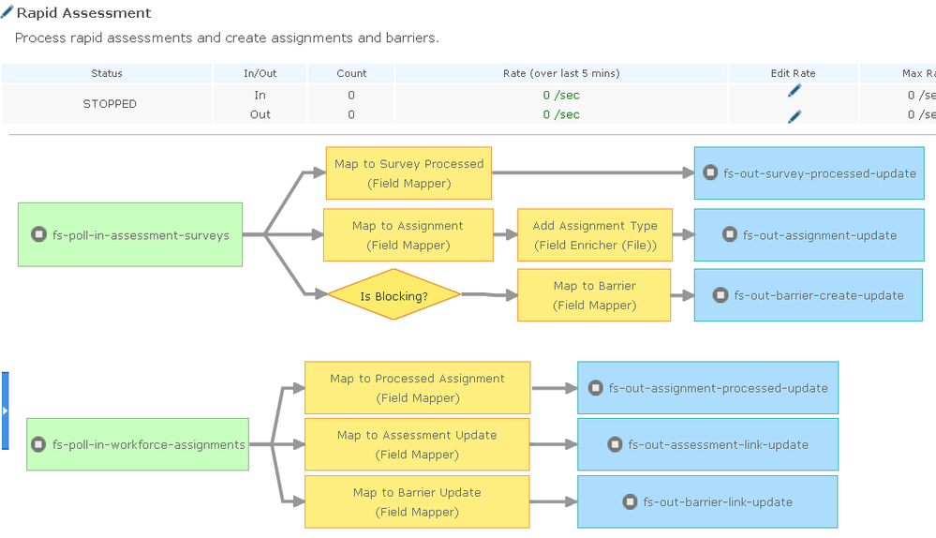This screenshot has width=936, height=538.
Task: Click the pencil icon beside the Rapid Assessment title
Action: point(7,12)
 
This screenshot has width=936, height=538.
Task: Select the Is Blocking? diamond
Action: point(394,294)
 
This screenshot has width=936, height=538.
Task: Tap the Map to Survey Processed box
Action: point(409,173)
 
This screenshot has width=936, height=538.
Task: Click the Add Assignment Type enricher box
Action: point(595,234)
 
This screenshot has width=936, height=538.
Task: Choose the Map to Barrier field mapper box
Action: point(594,295)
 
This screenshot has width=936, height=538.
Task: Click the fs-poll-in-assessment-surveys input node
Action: point(130,234)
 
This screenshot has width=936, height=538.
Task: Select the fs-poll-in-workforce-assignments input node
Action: point(138,444)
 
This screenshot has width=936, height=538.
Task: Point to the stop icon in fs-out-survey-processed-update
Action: point(710,172)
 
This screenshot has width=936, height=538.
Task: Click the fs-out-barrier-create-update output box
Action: point(809,295)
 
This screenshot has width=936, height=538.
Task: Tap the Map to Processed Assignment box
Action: point(417,387)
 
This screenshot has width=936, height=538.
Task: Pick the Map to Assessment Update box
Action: point(417,444)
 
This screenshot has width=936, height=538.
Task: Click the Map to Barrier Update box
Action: point(417,501)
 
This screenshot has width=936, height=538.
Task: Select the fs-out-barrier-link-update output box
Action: point(708,501)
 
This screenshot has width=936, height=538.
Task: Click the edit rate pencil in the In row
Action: point(794,91)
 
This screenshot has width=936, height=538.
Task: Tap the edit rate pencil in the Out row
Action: point(794,116)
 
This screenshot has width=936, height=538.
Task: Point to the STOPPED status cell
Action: point(110,104)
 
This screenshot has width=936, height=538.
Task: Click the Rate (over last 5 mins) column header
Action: point(561,73)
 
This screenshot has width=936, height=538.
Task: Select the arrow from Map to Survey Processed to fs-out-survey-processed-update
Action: point(593,172)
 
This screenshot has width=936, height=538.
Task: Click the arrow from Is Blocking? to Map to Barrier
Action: point(489,294)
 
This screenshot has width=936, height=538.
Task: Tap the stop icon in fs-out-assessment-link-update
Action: point(615,444)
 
